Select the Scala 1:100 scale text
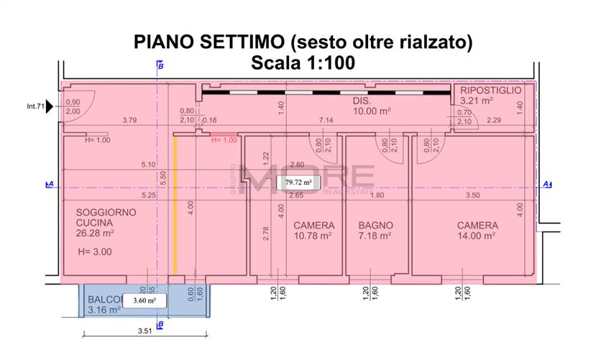click(303, 63)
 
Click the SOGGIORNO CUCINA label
click(106, 218)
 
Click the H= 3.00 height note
click(95, 252)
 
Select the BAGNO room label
click(375, 226)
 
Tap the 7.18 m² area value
click(375, 236)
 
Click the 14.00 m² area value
click(477, 236)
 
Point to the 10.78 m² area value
click(313, 236)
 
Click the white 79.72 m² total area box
click(298, 183)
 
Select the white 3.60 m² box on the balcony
click(144, 300)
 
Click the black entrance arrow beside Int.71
click(50, 107)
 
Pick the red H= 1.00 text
click(224, 140)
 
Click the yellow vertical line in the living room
click(175, 205)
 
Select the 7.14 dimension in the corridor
click(326, 120)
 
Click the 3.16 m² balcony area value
click(98, 310)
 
